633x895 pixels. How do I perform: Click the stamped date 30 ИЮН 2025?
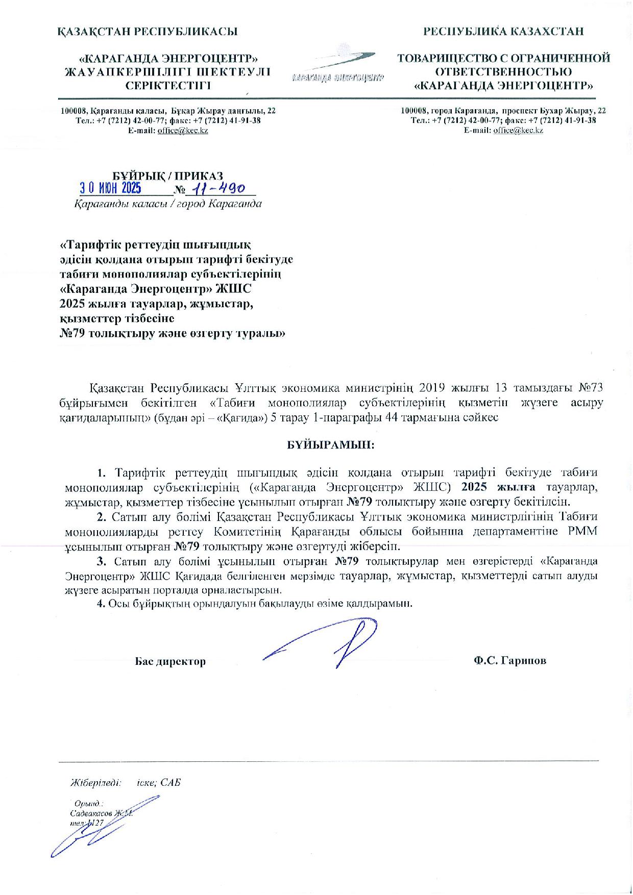(110, 188)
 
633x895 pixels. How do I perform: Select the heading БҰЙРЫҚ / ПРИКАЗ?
(168, 176)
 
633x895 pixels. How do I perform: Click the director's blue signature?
(327, 644)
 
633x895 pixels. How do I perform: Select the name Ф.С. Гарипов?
(509, 660)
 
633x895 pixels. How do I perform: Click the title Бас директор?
(171, 662)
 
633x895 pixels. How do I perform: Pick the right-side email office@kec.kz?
(518, 130)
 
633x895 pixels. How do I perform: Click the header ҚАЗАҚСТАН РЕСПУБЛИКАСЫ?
(148, 32)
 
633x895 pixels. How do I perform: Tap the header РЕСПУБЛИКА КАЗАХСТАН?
(503, 32)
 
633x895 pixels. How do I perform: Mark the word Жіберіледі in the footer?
(96, 782)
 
